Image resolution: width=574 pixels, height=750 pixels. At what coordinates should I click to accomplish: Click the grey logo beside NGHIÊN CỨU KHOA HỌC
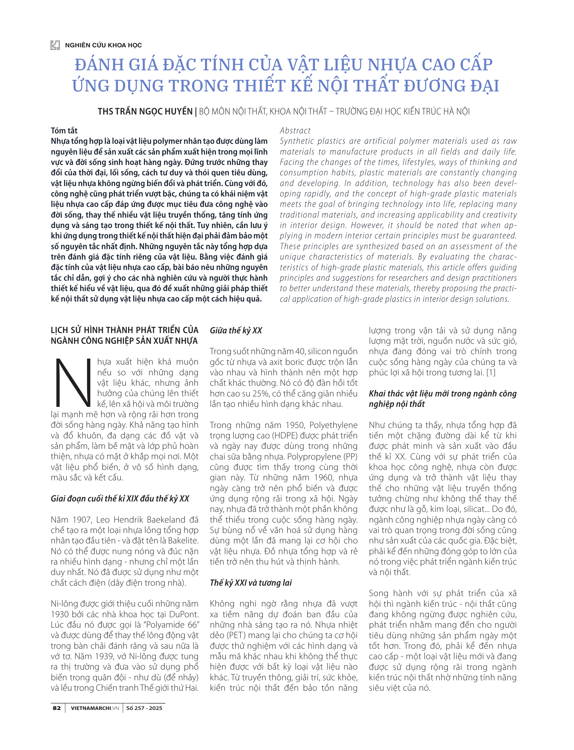pos(55,45)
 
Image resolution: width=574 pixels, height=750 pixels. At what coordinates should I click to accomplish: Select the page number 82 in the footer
pos(57,708)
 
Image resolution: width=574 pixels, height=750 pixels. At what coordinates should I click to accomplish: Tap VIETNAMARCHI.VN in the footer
pos(95,708)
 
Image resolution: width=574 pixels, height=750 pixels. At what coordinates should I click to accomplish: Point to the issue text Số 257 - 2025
pos(144,708)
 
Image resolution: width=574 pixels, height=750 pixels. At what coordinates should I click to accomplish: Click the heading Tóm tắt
pos(64,131)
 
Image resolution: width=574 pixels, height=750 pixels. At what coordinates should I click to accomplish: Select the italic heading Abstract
pos(295,131)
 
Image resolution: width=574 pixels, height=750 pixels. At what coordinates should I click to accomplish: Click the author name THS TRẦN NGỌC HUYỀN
pos(145,112)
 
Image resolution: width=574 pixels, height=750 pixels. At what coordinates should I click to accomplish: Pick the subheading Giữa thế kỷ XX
pos(236,330)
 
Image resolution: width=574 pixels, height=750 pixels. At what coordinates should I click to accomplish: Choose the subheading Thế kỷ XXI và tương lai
pos(251,583)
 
